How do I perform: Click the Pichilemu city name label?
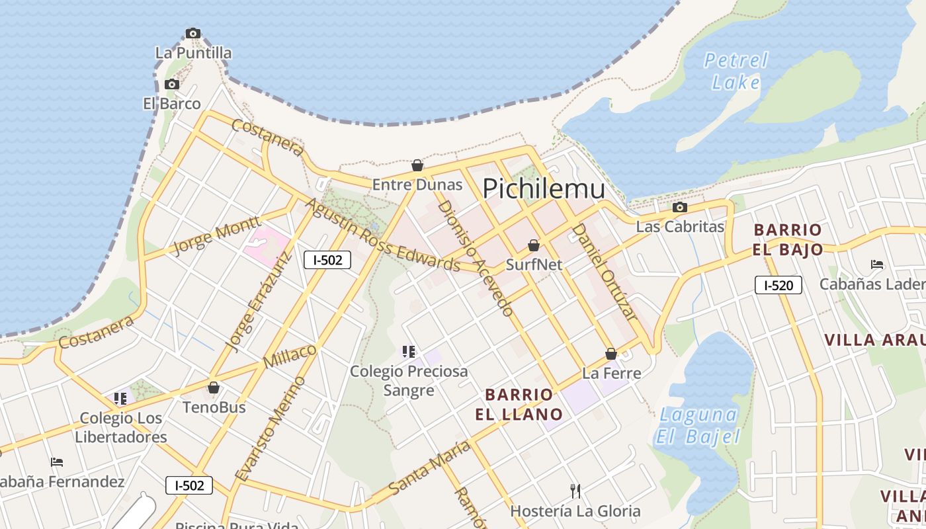(x=543, y=189)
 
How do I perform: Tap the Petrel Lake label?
(x=736, y=71)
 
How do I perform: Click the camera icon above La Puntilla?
(x=192, y=33)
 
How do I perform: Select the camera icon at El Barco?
(x=171, y=84)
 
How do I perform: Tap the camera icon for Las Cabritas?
(x=679, y=207)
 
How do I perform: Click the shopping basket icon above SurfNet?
(x=534, y=245)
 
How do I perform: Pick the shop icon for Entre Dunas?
(x=417, y=165)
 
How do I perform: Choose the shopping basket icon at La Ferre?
(x=611, y=354)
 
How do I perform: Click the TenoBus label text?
(x=214, y=407)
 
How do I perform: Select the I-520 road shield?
(x=778, y=285)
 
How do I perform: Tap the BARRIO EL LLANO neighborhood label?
(x=519, y=405)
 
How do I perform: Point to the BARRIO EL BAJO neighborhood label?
(x=788, y=239)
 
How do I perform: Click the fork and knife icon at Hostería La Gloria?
(x=575, y=491)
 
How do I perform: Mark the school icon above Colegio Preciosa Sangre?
(x=409, y=352)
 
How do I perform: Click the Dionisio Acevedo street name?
(x=476, y=258)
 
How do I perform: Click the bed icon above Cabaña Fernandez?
(x=58, y=462)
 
